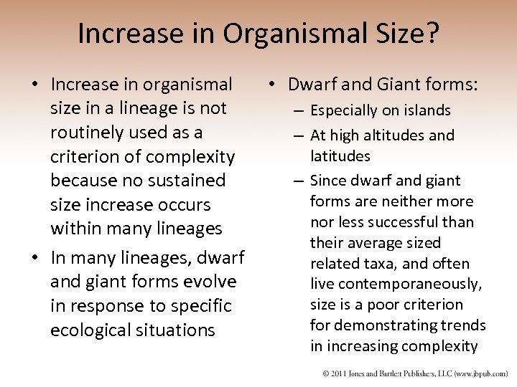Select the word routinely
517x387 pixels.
pos(91,133)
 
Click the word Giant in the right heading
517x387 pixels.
pos(395,85)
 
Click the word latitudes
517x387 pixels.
pos(340,156)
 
